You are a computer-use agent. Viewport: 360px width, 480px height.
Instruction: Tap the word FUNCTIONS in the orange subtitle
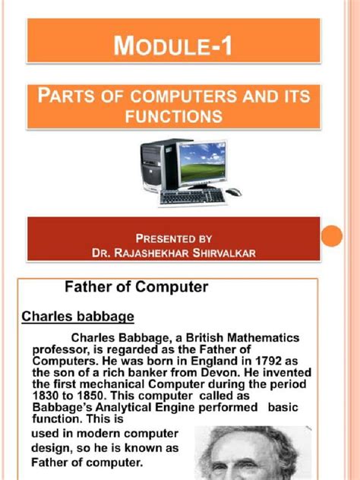174,117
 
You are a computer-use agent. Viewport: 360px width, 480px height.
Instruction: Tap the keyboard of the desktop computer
192,196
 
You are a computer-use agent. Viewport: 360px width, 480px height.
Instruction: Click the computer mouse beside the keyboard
235,191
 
